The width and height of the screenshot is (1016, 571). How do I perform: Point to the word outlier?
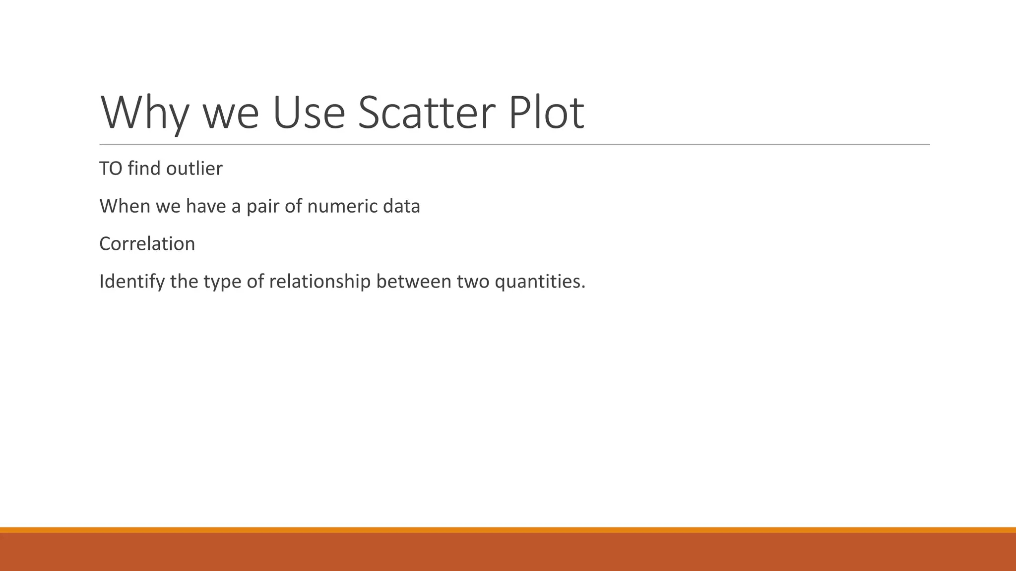point(194,169)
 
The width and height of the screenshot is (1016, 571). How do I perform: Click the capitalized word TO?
point(111,169)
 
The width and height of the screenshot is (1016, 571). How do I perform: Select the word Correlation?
point(147,244)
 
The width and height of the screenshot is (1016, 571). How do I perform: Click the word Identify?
point(132,282)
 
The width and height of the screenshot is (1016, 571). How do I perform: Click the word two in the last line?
point(473,282)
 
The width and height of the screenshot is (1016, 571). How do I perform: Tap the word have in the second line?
point(206,206)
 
